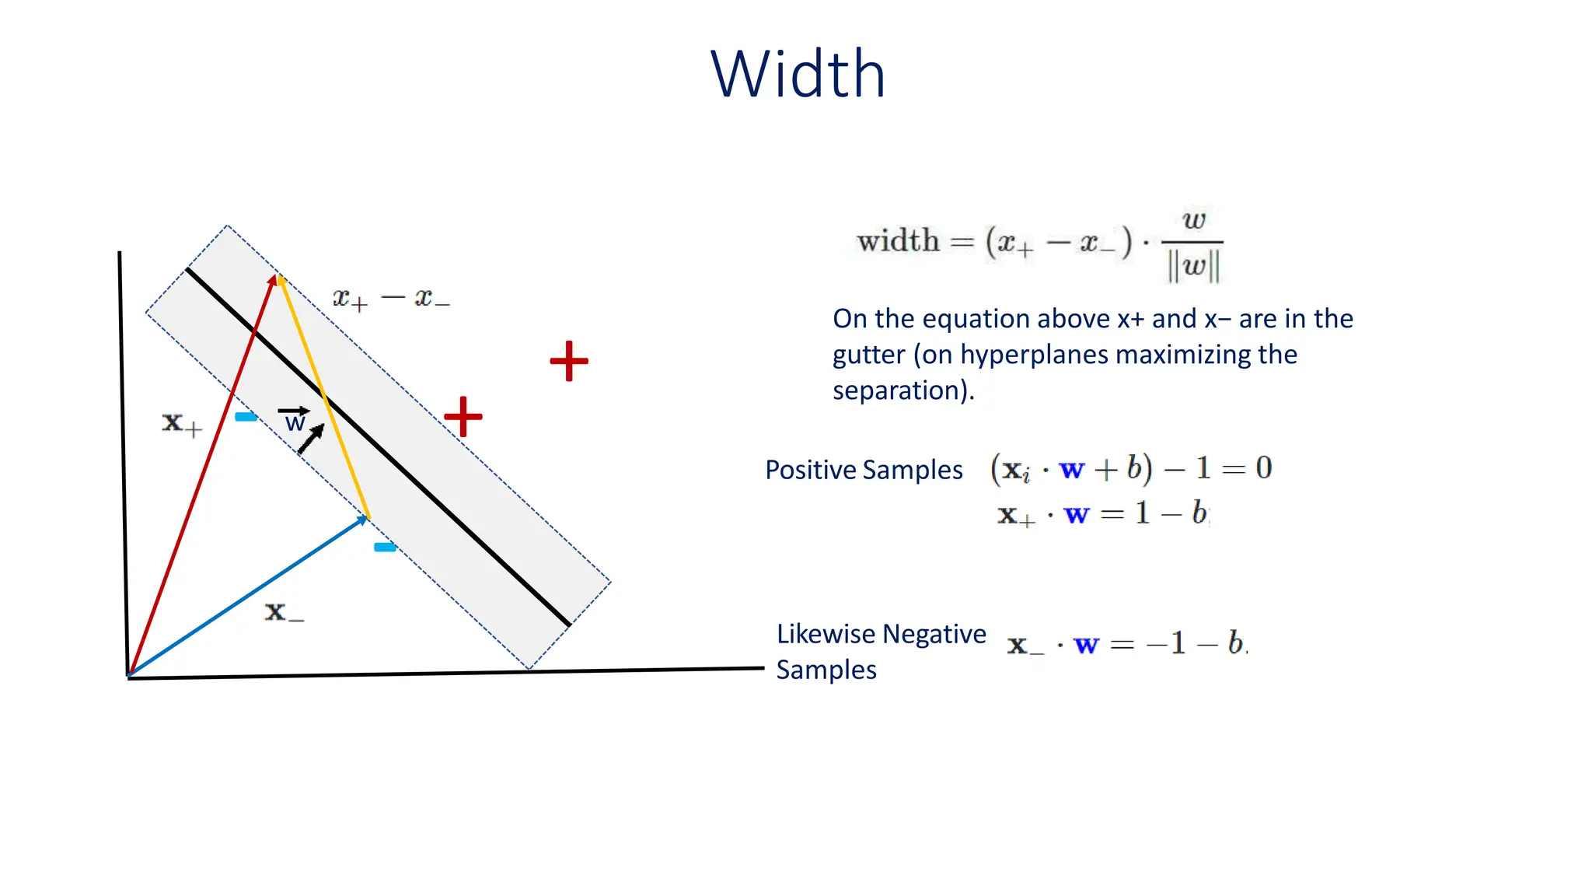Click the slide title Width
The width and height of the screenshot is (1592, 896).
coord(798,75)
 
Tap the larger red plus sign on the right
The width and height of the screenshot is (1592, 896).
coord(569,361)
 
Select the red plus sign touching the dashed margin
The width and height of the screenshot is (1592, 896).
coord(463,416)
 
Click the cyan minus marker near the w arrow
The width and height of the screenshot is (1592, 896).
coord(246,417)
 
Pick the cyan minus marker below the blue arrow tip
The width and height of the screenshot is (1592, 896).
coord(385,548)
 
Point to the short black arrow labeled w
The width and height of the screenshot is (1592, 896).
coord(311,439)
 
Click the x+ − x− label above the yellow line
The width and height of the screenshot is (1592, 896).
coord(391,298)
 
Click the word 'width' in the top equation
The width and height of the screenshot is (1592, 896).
coord(898,240)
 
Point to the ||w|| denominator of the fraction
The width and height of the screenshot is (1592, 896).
coord(1193,267)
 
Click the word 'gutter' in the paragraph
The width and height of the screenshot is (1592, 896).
coord(868,355)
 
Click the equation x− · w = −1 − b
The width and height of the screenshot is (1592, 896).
coord(1126,644)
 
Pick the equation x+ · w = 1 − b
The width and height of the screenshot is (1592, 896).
coord(1102,514)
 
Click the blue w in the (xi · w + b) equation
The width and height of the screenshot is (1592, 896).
coord(1071,469)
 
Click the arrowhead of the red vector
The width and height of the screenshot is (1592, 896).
coord(272,279)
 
